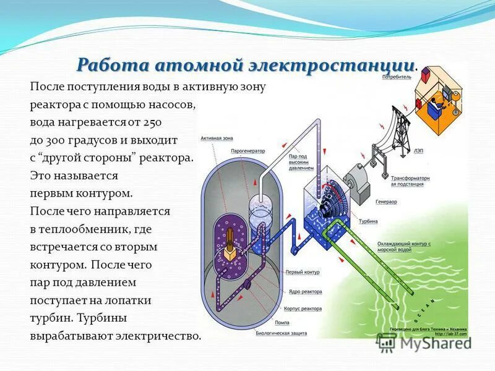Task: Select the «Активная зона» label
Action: pos(215,139)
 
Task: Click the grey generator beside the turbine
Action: pos(357,179)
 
